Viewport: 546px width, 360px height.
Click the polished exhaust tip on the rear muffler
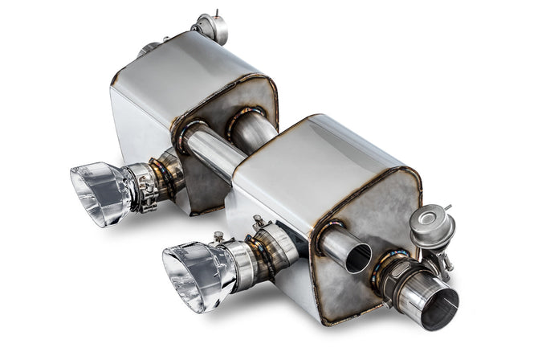point(100,192)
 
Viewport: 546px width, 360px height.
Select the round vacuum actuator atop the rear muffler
point(212,29)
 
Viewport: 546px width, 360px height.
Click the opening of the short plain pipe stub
point(358,257)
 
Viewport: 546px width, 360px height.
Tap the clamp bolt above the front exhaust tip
point(218,236)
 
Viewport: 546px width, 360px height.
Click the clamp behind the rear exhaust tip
point(145,188)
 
